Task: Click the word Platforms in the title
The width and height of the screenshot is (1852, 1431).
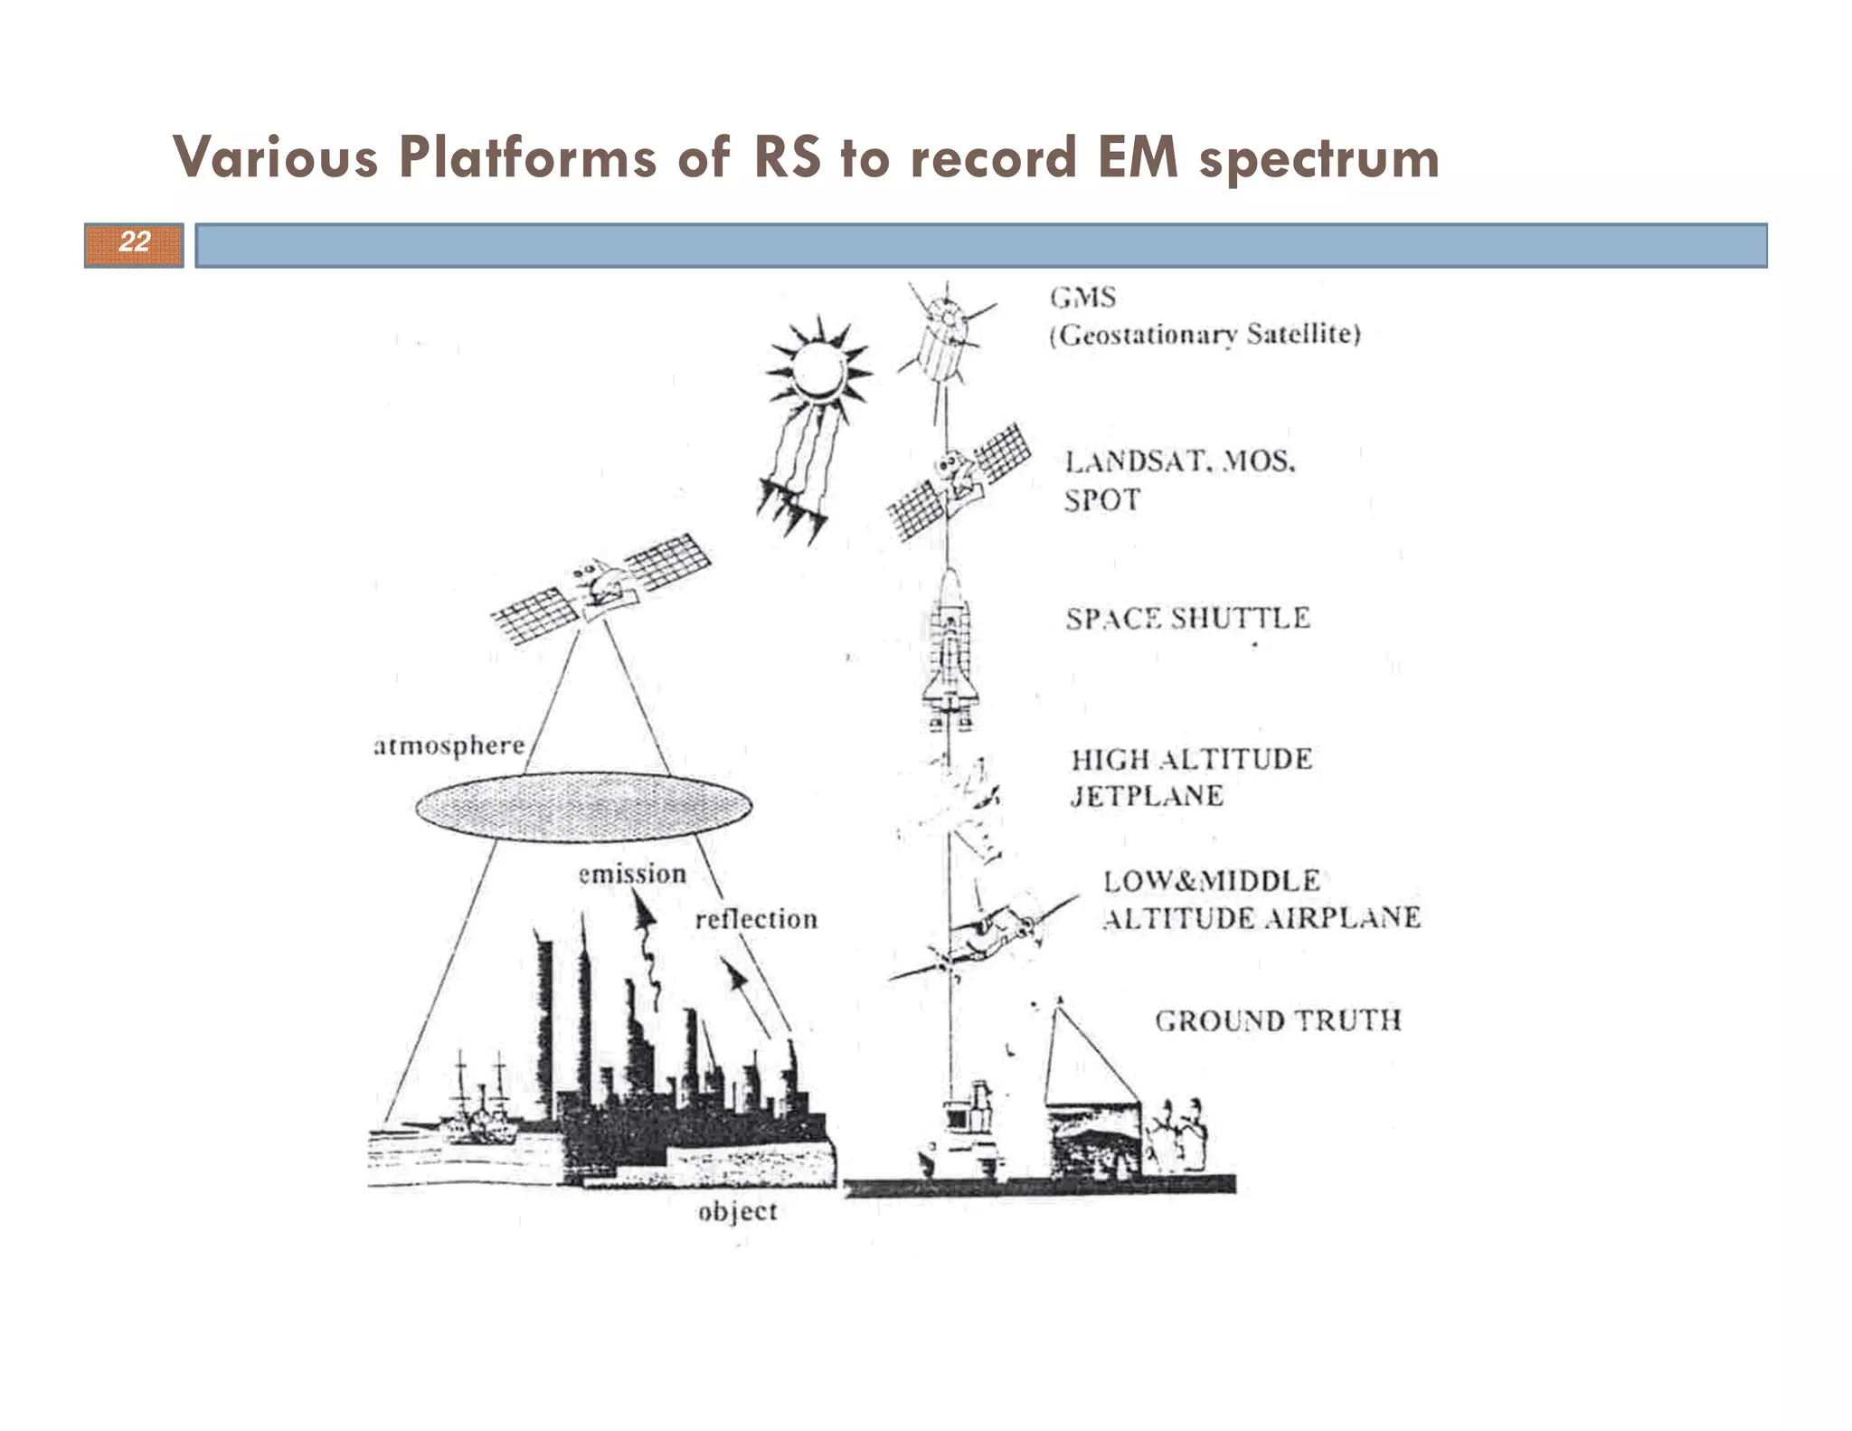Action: pyautogui.click(x=528, y=157)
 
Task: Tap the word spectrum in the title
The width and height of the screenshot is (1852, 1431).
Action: pyautogui.click(x=1318, y=159)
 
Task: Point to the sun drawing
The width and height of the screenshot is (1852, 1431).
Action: pyautogui.click(x=818, y=371)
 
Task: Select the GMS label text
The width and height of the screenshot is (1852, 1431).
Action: pyautogui.click(x=1082, y=297)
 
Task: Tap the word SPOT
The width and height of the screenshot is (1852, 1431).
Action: pyautogui.click(x=1101, y=499)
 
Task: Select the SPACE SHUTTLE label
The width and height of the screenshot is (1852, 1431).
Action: pyautogui.click(x=1187, y=619)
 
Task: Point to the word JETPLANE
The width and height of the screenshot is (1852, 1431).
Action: pyautogui.click(x=1147, y=796)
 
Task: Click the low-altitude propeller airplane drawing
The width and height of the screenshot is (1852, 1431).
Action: pyautogui.click(x=986, y=936)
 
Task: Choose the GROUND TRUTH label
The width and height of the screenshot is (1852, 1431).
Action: pyautogui.click(x=1278, y=1021)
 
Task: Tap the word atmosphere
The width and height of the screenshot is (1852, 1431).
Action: pyautogui.click(x=449, y=745)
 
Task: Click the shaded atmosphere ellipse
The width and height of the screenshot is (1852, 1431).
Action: pyautogui.click(x=583, y=806)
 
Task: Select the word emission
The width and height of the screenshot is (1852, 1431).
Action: pyautogui.click(x=632, y=875)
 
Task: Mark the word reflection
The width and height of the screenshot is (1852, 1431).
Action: pyautogui.click(x=756, y=919)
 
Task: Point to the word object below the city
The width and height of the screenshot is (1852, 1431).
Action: pyautogui.click(x=737, y=1211)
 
